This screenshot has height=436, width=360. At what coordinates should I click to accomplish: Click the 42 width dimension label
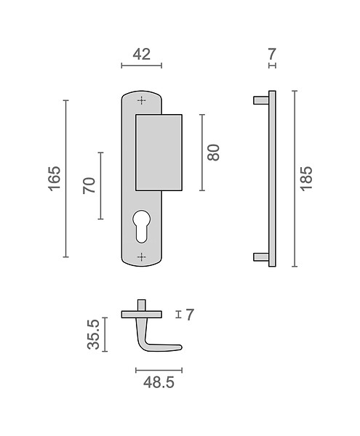[142, 54]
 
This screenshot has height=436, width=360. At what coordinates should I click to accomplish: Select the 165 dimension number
[55, 179]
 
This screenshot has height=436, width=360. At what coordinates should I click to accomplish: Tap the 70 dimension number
[89, 185]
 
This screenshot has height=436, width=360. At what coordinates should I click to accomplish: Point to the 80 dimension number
[213, 153]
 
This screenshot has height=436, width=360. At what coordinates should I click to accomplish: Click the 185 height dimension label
[306, 179]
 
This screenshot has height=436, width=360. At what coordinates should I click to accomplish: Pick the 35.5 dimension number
[94, 334]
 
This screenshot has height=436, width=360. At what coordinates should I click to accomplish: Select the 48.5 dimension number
[159, 382]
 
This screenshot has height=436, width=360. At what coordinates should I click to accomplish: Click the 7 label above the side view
[272, 54]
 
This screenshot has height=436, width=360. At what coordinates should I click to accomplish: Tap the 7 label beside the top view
[190, 315]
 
